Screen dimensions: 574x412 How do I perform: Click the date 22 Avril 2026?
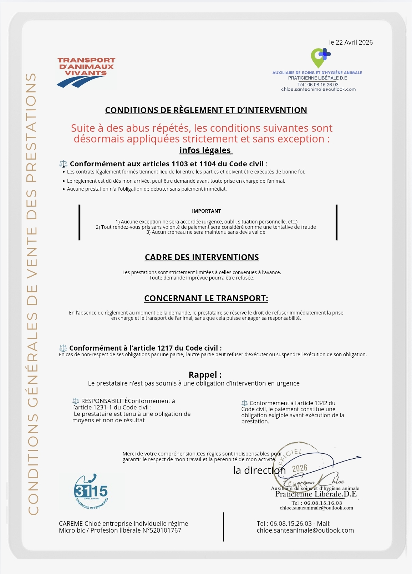[x=351, y=42]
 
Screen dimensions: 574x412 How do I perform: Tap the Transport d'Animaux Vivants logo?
[x=86, y=72]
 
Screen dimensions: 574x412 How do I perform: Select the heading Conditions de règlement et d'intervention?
[x=206, y=110]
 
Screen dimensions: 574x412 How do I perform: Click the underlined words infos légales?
[x=205, y=150]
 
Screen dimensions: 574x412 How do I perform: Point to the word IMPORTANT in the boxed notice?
[x=206, y=211]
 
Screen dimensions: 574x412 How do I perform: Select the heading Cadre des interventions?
[x=202, y=257]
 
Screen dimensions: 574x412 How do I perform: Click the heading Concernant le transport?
[x=206, y=298]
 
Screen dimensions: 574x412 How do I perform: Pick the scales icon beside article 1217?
[x=63, y=348]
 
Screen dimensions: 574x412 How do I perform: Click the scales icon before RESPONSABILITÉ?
[x=76, y=401]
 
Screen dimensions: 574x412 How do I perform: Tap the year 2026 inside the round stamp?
[x=300, y=468]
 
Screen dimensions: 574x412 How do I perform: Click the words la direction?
[x=259, y=470]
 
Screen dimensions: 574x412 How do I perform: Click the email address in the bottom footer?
[x=305, y=530]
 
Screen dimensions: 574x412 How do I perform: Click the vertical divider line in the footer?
[x=224, y=527]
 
